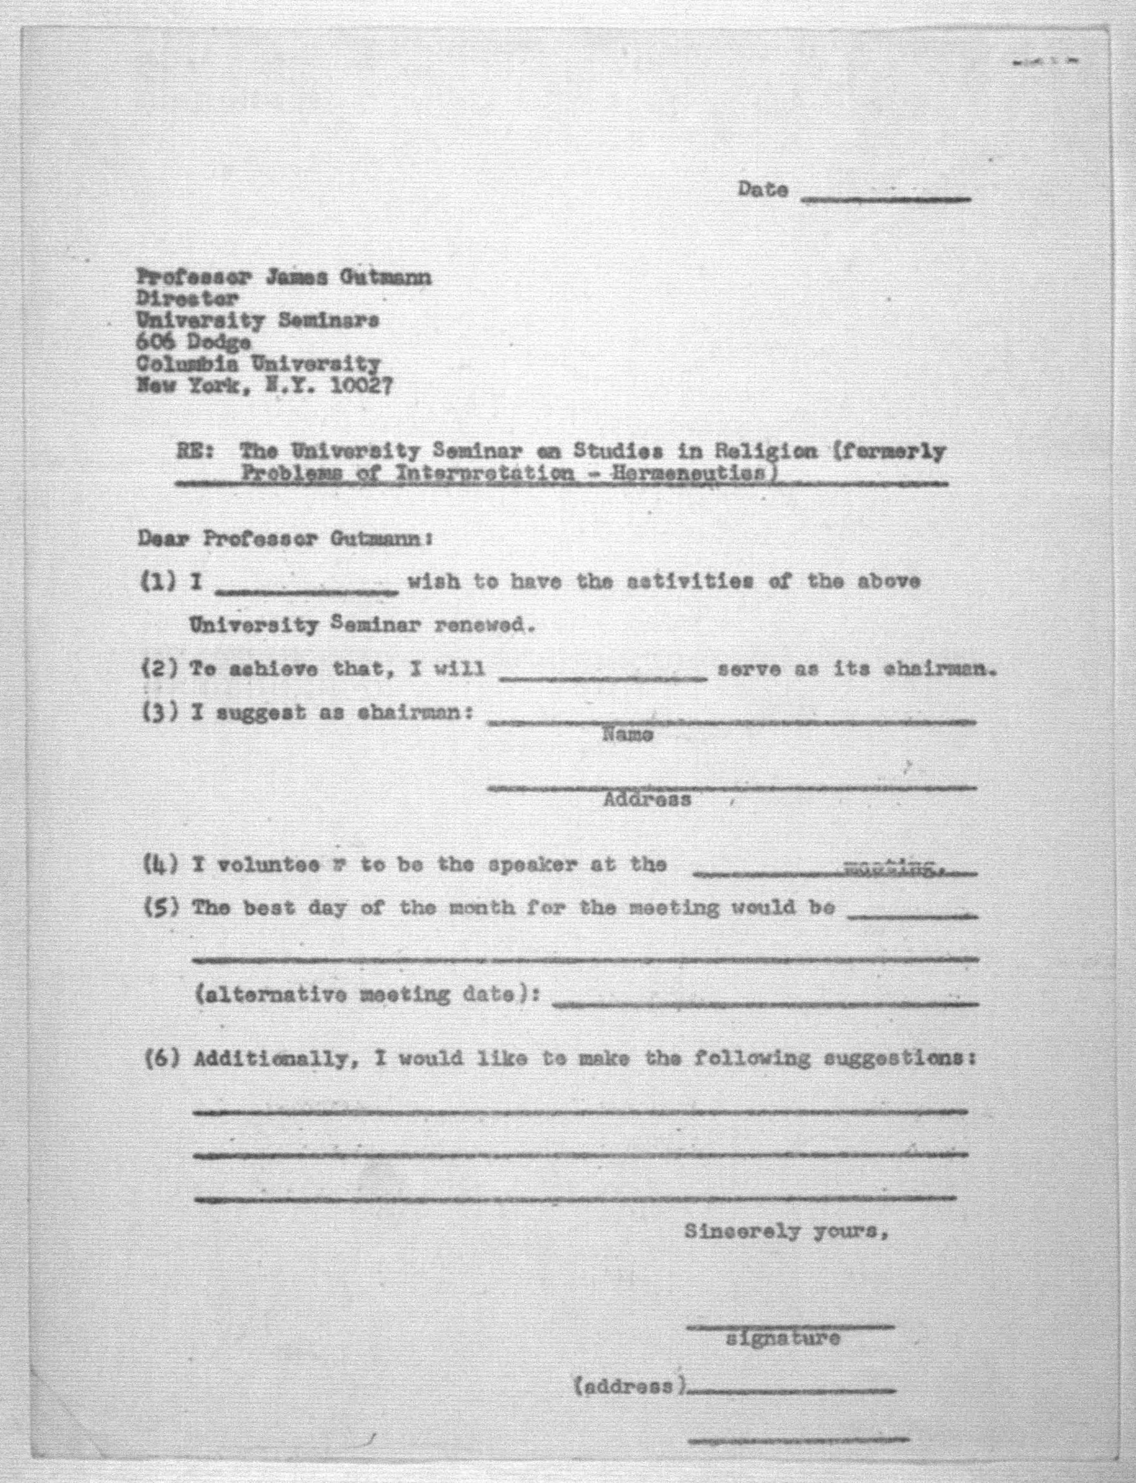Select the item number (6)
pos(162,1059)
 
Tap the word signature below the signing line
pos(782,1338)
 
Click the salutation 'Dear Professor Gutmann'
pos(285,539)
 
